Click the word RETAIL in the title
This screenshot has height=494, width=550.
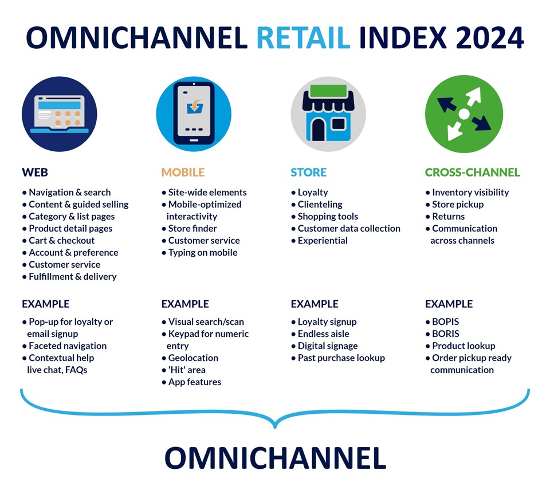(x=303, y=38)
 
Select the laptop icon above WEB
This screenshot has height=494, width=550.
(x=59, y=113)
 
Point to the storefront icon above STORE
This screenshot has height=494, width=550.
(x=328, y=113)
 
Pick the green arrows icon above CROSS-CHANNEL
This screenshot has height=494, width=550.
(x=463, y=113)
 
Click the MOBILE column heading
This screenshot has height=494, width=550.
(x=183, y=172)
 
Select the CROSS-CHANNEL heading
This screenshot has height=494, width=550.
(x=472, y=172)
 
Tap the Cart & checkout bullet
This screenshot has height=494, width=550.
(x=62, y=240)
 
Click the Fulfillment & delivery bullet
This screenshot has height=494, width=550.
(x=73, y=276)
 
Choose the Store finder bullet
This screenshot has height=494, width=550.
(x=192, y=228)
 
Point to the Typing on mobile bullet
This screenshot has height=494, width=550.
(x=203, y=252)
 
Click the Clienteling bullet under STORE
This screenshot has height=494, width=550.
(x=320, y=204)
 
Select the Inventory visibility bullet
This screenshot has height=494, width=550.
(x=470, y=192)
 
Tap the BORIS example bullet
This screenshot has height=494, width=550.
(x=446, y=334)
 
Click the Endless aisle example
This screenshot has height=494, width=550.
(x=323, y=334)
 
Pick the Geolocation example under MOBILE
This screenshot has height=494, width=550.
(x=193, y=358)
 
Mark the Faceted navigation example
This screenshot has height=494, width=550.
(x=68, y=346)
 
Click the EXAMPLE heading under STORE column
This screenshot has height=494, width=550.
(x=315, y=304)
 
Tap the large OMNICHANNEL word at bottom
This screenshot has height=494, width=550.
(x=275, y=458)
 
